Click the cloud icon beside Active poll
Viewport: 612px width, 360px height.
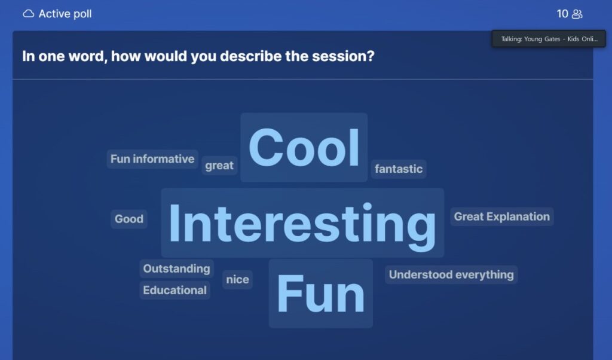(x=29, y=14)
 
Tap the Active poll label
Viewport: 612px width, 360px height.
(x=65, y=14)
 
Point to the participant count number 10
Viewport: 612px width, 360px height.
(x=562, y=14)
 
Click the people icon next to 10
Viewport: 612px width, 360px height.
(x=577, y=14)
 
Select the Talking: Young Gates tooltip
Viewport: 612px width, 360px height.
(x=549, y=39)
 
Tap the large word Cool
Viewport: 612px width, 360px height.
(x=304, y=148)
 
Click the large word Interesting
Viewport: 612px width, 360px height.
(x=302, y=223)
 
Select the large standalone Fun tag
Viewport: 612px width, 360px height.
(x=321, y=294)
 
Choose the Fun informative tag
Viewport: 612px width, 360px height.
(x=152, y=159)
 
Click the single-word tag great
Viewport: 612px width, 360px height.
(x=219, y=166)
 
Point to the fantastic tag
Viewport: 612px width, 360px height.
(x=399, y=169)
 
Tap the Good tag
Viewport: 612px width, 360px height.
(x=129, y=219)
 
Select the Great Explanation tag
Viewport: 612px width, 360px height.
(x=502, y=216)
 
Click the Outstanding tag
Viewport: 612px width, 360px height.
(x=176, y=269)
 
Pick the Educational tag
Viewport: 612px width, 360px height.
(x=175, y=290)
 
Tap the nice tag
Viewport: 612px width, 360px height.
(x=237, y=279)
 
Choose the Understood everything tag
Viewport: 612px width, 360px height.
(x=451, y=274)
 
